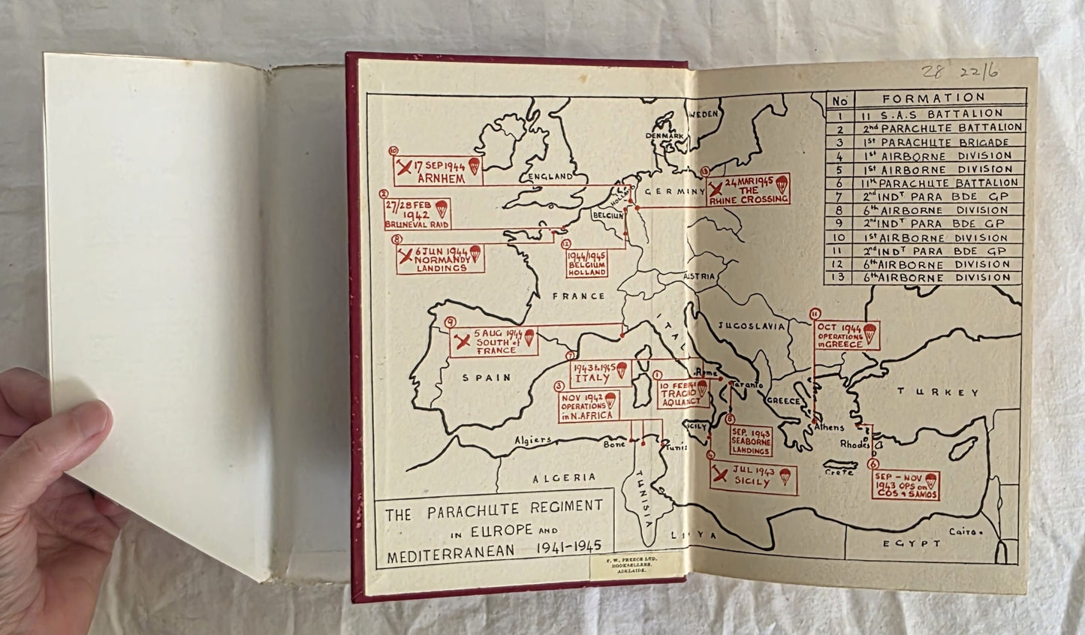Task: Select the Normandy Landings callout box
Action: tap(439, 259)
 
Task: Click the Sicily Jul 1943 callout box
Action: tap(752, 477)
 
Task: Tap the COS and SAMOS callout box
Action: tap(906, 485)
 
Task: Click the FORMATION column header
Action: tap(933, 98)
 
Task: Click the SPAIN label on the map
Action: tap(487, 378)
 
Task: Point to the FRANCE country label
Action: tap(578, 296)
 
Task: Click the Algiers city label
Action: tap(533, 440)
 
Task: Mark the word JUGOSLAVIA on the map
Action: tap(751, 326)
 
